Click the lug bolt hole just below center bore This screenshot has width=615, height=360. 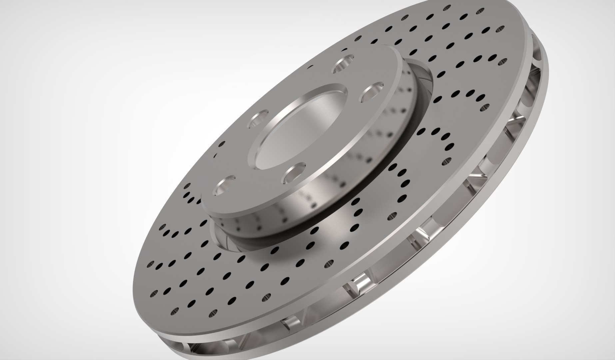pyautogui.click(x=295, y=172)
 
